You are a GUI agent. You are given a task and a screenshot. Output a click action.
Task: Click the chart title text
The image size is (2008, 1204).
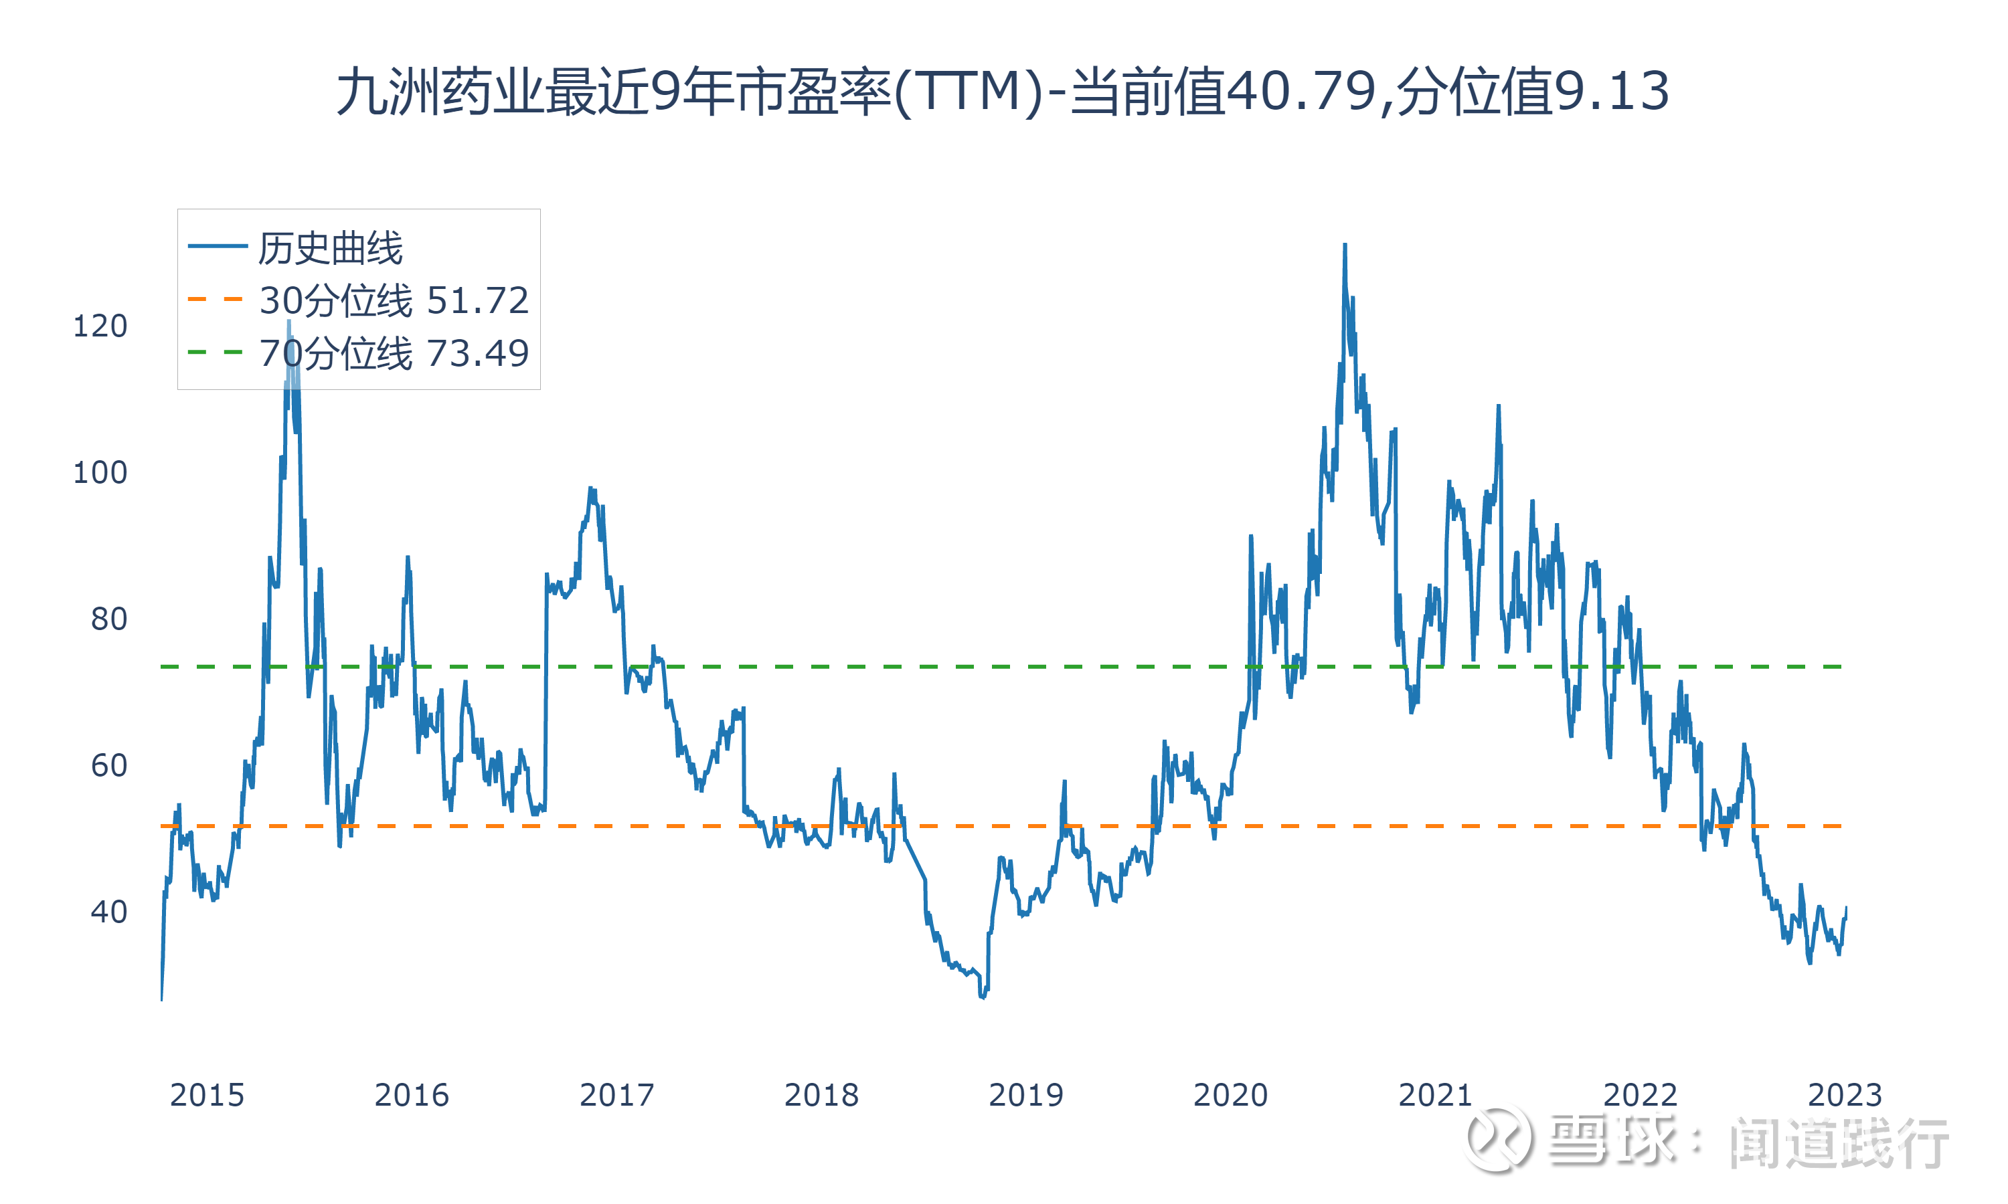pos(1003,91)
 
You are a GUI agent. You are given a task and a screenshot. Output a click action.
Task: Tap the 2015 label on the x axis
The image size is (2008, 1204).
pos(207,1095)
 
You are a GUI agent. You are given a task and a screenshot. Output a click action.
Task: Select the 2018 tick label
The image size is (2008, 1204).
pos(821,1095)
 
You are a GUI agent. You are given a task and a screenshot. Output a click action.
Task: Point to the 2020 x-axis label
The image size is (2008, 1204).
pos(1230,1095)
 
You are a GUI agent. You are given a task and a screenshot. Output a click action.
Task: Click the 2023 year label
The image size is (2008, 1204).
pos(1844,1095)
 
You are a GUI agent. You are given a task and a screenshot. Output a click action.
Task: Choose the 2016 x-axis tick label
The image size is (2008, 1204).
pos(412,1095)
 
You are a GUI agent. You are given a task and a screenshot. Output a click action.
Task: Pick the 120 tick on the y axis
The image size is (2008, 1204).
pos(100,326)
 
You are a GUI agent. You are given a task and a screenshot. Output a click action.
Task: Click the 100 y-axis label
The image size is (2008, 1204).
pos(100,473)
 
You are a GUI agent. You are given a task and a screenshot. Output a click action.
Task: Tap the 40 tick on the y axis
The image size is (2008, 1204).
pos(108,912)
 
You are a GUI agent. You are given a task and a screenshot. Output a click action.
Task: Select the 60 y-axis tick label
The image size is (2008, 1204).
pos(108,766)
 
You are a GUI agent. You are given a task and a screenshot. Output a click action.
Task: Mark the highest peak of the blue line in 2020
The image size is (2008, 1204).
pos(1345,244)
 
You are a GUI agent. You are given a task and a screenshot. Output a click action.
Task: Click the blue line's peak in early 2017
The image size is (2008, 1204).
pos(591,488)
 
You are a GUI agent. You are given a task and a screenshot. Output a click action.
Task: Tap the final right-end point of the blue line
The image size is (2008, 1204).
pos(1845,907)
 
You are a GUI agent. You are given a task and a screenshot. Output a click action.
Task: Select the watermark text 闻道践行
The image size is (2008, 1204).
pos(1839,1142)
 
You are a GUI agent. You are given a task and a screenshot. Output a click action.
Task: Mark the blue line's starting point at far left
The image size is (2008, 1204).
pos(161,999)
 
